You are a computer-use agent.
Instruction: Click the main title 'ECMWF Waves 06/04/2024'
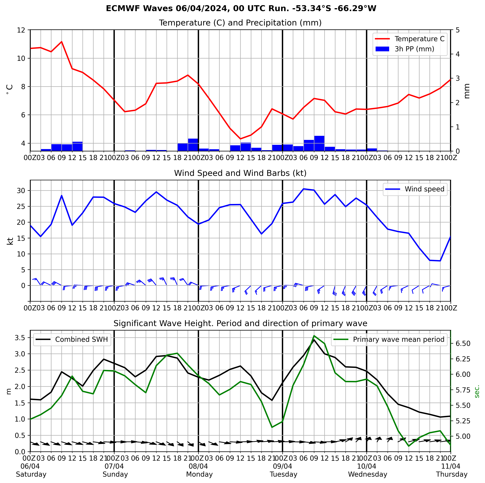coord(241,8)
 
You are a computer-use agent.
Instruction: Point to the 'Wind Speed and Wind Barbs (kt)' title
coord(240,173)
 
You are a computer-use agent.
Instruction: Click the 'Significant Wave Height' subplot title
coord(240,323)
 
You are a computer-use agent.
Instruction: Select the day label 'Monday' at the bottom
coord(199,475)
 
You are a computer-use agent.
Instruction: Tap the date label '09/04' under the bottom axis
coord(282,466)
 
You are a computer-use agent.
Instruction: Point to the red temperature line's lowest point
coord(241,139)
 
